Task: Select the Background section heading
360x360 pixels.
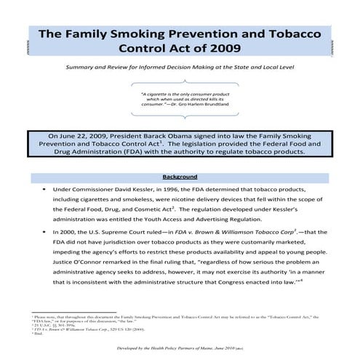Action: click(x=180, y=176)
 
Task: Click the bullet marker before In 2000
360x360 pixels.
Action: click(x=45, y=232)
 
